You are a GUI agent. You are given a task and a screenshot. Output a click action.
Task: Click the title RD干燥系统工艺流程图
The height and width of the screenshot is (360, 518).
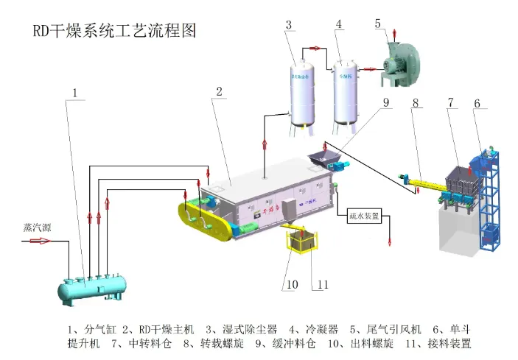(x=114, y=32)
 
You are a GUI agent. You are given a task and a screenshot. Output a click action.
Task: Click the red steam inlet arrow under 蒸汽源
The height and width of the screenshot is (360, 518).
(x=36, y=241)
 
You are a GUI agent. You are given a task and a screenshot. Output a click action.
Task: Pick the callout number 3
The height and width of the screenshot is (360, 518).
(x=289, y=24)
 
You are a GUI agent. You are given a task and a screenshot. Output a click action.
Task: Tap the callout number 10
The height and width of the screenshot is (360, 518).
(x=291, y=284)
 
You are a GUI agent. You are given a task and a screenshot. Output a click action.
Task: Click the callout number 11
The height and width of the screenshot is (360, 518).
(x=321, y=284)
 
